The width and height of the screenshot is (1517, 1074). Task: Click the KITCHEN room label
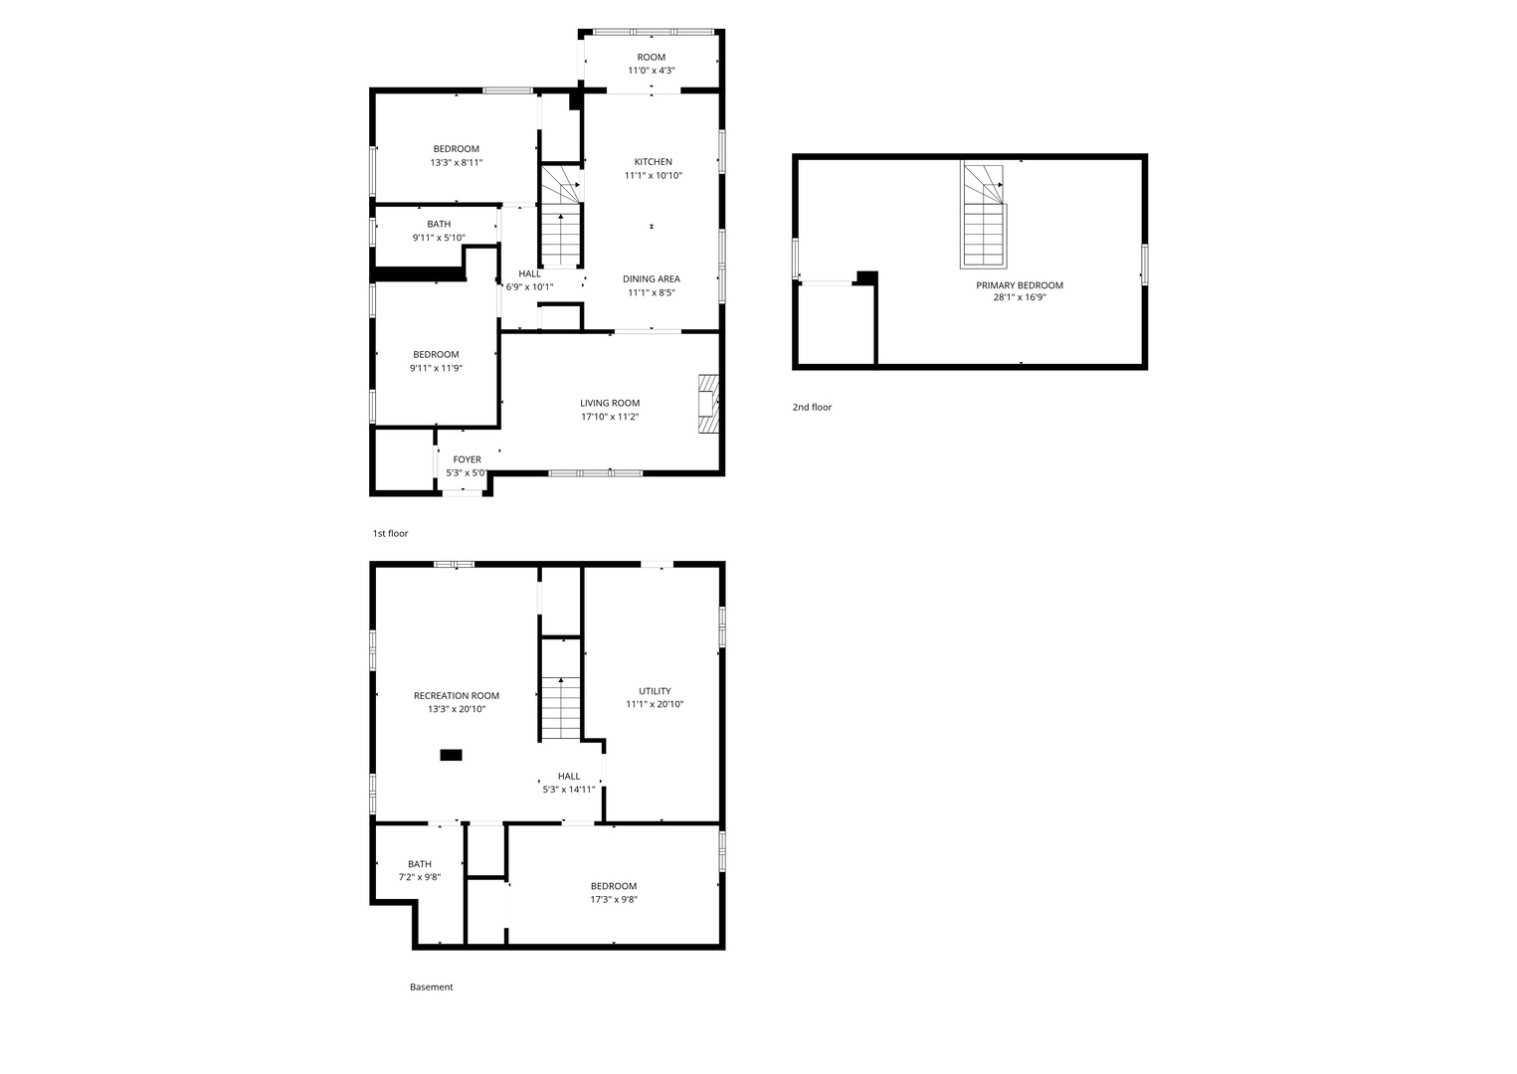click(x=653, y=162)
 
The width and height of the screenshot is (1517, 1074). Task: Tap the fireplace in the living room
click(x=708, y=404)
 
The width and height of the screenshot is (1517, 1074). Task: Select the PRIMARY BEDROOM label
click(x=1020, y=285)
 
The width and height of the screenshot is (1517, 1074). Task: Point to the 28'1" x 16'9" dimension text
click(x=1020, y=297)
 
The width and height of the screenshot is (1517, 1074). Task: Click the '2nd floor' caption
click(x=812, y=407)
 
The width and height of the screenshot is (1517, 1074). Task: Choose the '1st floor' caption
click(x=390, y=534)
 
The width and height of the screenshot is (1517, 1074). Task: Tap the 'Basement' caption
click(x=432, y=986)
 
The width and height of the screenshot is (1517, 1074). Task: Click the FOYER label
click(x=467, y=459)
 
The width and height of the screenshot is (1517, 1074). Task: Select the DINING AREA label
click(x=652, y=279)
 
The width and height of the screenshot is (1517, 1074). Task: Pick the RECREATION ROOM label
click(x=457, y=695)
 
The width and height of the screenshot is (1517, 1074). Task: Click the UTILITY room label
click(x=655, y=691)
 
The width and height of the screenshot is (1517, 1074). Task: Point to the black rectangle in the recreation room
click(x=451, y=755)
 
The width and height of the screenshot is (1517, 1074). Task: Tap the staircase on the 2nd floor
click(x=984, y=215)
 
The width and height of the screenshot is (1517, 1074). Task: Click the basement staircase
click(x=560, y=707)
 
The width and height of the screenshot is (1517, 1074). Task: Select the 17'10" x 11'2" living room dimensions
click(x=610, y=417)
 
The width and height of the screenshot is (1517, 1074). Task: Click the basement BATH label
click(x=419, y=864)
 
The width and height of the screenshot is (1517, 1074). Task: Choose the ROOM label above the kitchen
click(x=652, y=58)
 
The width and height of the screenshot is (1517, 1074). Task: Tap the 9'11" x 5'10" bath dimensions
click(x=439, y=238)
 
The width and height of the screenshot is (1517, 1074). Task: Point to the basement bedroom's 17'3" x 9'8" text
click(x=614, y=900)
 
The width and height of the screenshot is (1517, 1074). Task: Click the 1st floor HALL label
click(x=529, y=273)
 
